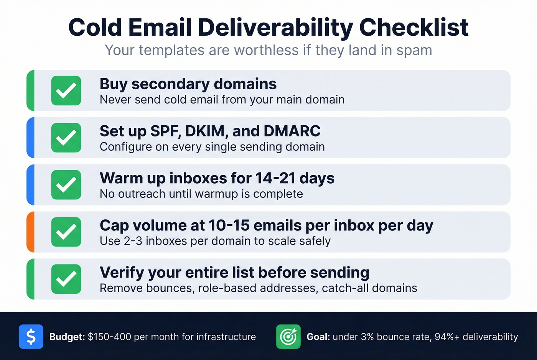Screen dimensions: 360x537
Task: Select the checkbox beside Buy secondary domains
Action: coord(66,91)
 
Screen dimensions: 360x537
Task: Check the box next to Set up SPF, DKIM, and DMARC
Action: coord(66,138)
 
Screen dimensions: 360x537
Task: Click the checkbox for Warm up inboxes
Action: coord(66,185)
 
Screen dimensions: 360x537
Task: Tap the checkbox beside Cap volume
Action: coord(66,232)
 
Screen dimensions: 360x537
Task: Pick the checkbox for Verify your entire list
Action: coord(66,279)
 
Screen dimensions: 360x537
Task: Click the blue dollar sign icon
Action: coord(31,337)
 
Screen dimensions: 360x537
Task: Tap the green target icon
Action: coord(288,337)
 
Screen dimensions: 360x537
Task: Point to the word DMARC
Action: coord(292,131)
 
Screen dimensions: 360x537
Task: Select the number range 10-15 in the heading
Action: coord(229,225)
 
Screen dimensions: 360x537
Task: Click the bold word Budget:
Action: coord(67,337)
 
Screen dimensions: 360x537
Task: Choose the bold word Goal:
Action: coord(318,337)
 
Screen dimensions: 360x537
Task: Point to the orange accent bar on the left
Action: coord(30,232)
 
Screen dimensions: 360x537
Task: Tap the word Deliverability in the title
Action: coord(275,28)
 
